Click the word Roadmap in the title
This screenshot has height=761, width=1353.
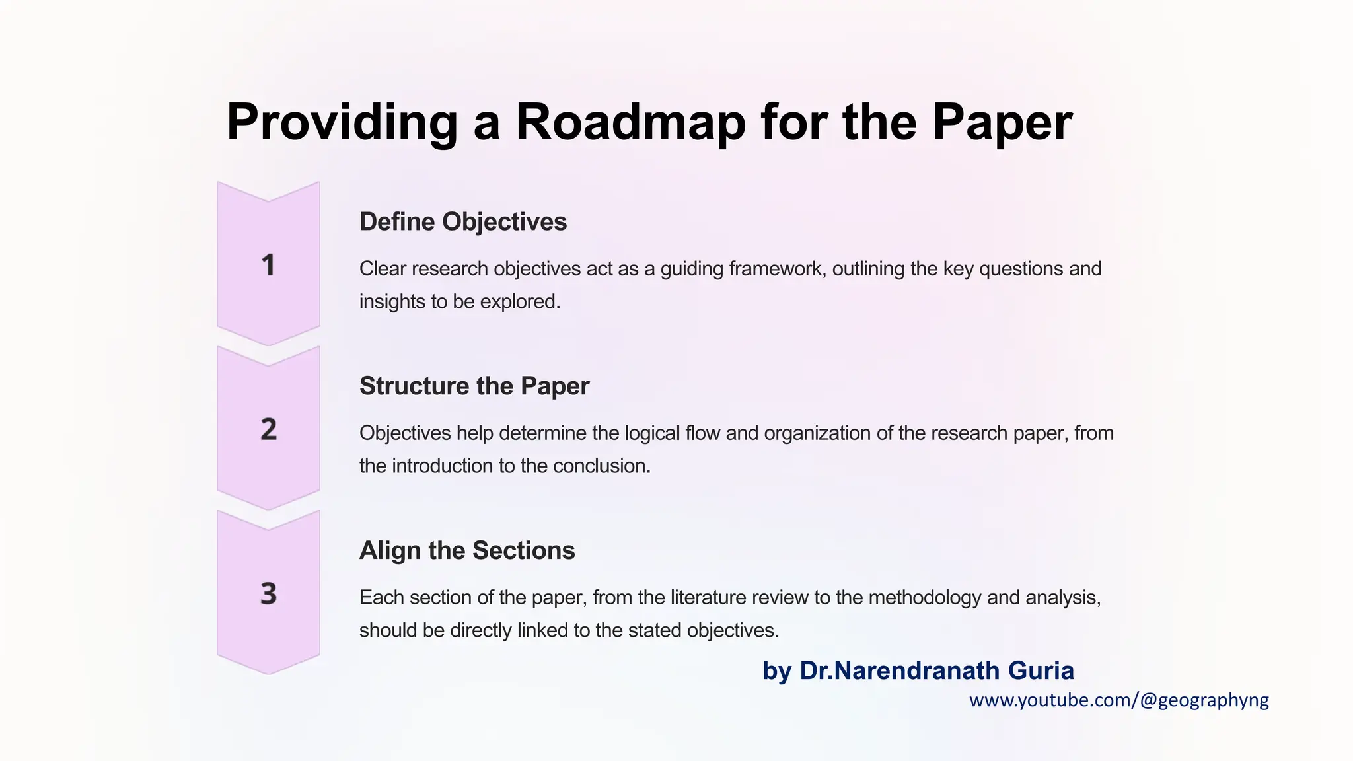630,123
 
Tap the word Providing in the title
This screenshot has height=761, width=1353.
342,123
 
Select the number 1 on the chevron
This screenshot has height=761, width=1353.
268,266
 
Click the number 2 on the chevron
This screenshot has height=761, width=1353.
268,430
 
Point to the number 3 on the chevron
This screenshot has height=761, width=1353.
268,594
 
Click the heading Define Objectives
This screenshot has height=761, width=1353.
462,222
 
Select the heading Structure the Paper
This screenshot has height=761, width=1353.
474,386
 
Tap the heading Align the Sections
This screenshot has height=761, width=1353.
466,551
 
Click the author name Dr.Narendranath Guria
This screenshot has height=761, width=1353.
936,670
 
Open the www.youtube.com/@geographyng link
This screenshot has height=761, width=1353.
1118,700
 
